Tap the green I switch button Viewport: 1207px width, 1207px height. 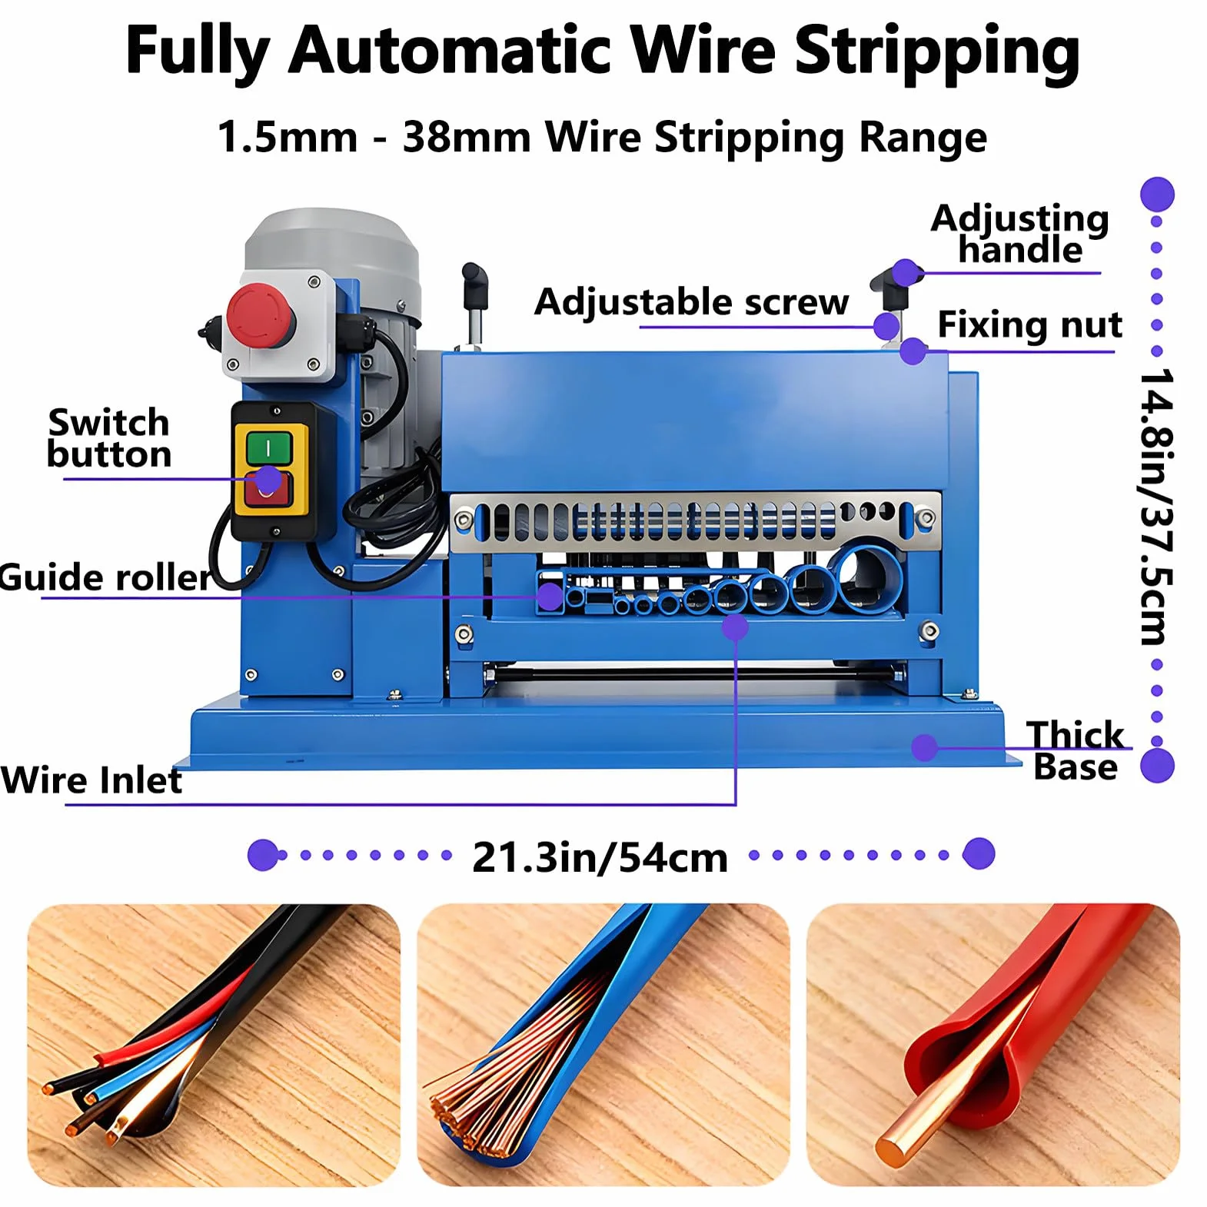click(268, 447)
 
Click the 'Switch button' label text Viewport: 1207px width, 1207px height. click(109, 438)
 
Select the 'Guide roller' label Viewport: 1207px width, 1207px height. click(105, 577)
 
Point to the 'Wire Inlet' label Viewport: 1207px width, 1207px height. click(91, 780)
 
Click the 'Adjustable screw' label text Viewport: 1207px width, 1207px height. click(692, 301)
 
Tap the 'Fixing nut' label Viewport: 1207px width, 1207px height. click(1029, 324)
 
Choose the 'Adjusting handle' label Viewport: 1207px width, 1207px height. click(1020, 234)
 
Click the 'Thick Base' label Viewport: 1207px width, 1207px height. click(1075, 750)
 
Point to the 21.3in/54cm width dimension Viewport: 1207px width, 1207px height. click(600, 857)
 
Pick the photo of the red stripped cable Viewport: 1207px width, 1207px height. click(993, 1045)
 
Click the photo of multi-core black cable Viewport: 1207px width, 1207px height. click(214, 1045)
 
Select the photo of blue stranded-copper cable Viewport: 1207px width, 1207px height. click(603, 1045)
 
